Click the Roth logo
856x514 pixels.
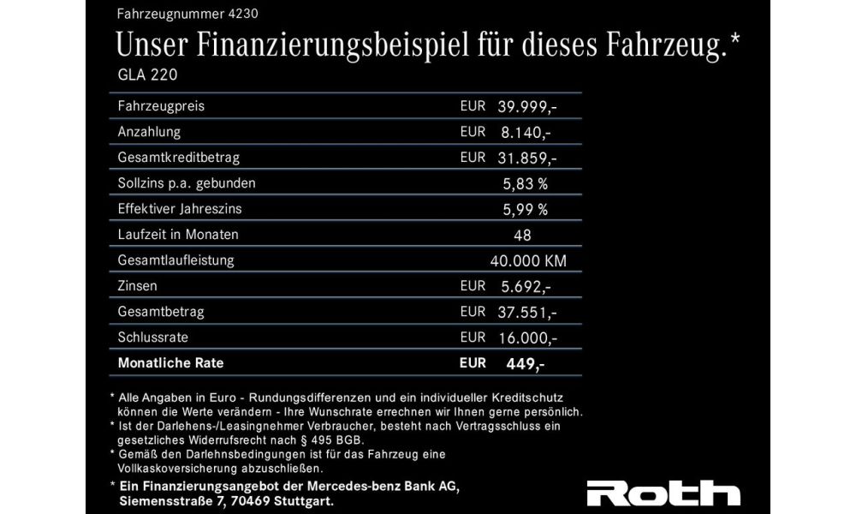point(663,494)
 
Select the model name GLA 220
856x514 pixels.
point(147,75)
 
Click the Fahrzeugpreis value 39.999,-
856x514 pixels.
point(527,106)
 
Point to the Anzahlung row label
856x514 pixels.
point(149,133)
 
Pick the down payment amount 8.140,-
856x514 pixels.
point(524,133)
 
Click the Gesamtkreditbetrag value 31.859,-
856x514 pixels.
point(527,158)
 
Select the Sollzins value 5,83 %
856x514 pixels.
point(525,183)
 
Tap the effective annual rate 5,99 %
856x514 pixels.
point(525,209)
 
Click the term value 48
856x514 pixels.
point(523,235)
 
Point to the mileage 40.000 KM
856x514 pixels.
point(529,260)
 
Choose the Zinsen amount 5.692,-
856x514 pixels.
point(524,286)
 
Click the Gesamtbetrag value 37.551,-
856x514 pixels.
point(527,312)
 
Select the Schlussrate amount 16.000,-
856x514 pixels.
point(527,338)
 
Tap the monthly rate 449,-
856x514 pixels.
point(525,363)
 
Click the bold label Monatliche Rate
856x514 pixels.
point(170,363)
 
